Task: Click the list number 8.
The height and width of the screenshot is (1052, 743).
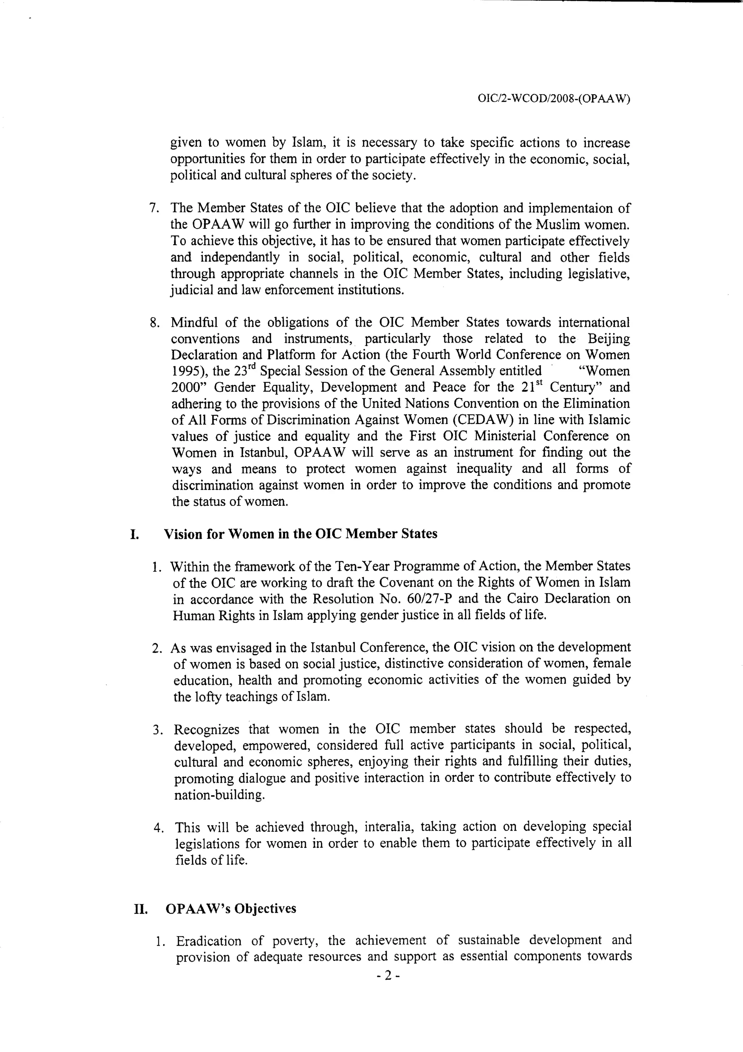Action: pyautogui.click(x=155, y=323)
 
